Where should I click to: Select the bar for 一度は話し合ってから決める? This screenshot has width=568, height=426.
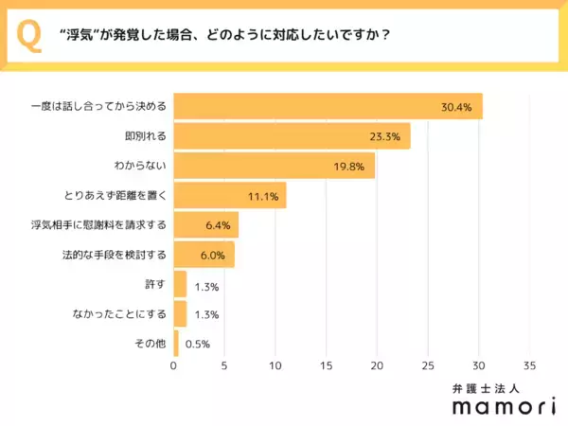pos(328,106)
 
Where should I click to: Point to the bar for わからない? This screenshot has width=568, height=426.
pos(275,166)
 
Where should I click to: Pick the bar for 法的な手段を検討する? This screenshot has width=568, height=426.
pos(204,256)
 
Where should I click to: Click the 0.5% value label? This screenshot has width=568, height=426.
pos(197,345)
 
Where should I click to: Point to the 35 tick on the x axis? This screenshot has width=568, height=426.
pos(529,365)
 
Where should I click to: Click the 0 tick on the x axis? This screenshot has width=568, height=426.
pos(174,365)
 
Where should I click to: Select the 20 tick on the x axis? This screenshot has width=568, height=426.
pos(377,365)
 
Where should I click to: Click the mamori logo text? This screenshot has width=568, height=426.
pos(489,406)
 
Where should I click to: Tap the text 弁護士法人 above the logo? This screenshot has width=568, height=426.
pos(489,387)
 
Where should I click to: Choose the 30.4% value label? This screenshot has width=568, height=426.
pos(457,107)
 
